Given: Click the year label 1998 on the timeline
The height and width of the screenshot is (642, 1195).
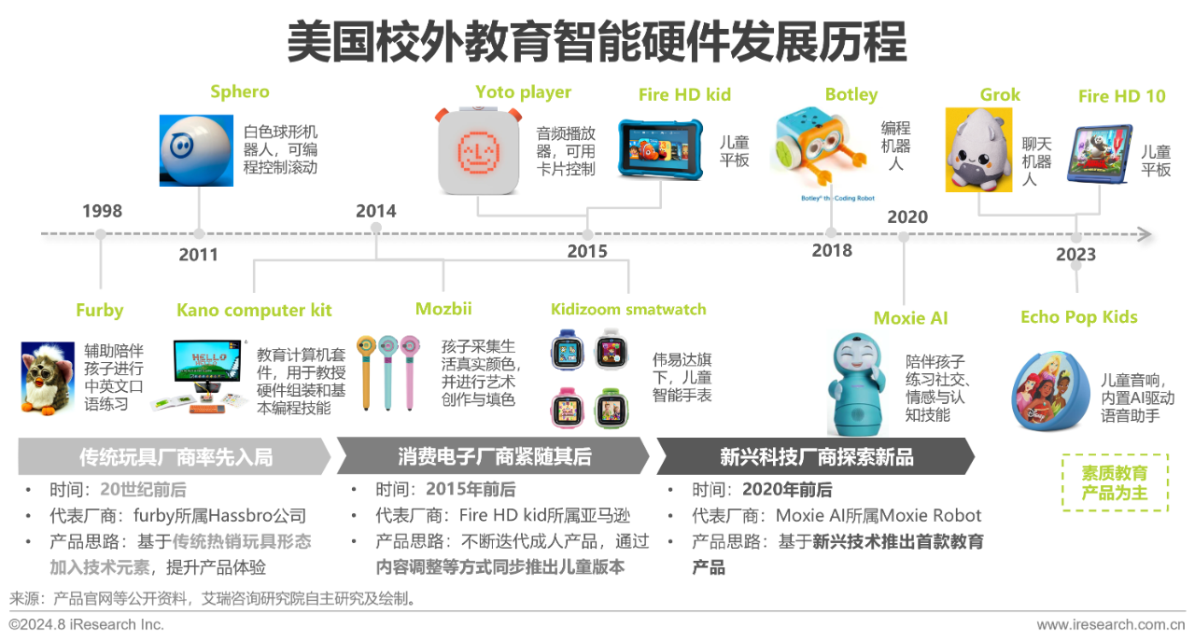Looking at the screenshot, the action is (102, 211).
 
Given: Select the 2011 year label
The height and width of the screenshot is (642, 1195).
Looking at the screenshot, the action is (199, 255).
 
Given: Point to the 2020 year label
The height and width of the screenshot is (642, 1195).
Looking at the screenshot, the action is (907, 217).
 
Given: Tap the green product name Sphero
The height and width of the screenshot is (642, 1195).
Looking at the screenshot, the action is (240, 91).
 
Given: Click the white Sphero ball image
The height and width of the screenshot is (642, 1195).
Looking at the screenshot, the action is (196, 150).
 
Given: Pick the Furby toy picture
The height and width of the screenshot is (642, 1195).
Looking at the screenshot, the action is (48, 378).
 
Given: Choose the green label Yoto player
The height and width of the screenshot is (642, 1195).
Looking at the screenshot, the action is (524, 92).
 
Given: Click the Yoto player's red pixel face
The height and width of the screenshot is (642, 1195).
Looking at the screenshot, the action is (479, 151).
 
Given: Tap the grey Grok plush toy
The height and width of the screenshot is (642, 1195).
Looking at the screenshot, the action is (979, 149).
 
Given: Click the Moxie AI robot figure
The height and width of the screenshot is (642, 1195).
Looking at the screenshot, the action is (856, 384).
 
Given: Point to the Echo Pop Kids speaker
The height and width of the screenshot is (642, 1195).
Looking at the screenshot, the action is (1051, 390).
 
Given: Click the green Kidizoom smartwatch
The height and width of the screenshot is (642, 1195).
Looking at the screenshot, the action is (612, 409).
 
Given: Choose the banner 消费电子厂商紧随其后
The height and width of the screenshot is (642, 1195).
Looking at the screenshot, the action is (494, 456).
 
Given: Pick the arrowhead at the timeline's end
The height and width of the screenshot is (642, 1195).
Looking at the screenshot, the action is (1145, 234).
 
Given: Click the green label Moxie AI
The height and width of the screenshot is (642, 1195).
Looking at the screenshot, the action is (910, 318).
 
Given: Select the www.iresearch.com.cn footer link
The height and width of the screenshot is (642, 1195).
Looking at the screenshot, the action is (1111, 624).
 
